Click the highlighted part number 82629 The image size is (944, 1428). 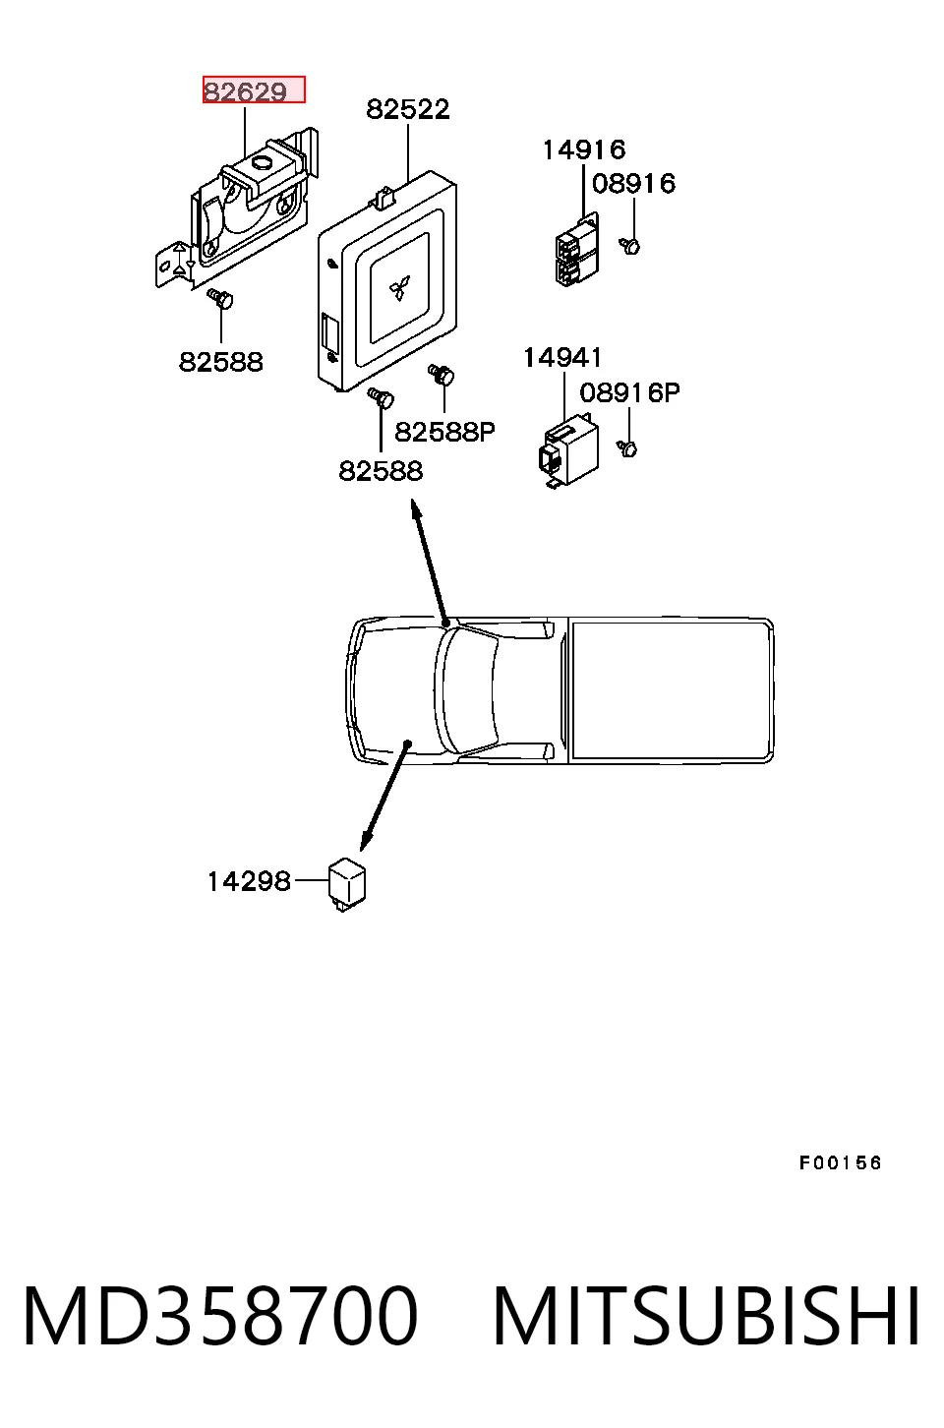coord(246,92)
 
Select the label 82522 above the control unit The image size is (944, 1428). coord(408,109)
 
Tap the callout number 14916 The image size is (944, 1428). coord(584,149)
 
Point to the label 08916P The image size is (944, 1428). coord(629,392)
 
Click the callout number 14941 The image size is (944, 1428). coord(562,358)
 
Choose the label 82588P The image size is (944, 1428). coord(444,432)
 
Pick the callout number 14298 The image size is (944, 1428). coord(249,881)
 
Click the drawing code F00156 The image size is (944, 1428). coord(840,1163)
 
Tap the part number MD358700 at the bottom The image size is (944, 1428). coord(220,1317)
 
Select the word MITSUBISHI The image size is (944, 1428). coord(706,1317)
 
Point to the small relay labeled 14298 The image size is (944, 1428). coord(347,884)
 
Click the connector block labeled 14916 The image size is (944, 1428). coord(577,249)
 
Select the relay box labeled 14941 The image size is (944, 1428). coord(568,450)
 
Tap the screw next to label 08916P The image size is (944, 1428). coord(627,448)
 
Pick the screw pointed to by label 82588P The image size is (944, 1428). coord(442,375)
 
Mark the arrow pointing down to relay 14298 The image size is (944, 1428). coord(385,796)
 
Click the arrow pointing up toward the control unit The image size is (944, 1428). coord(431,562)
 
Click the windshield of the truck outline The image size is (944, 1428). coord(466,689)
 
